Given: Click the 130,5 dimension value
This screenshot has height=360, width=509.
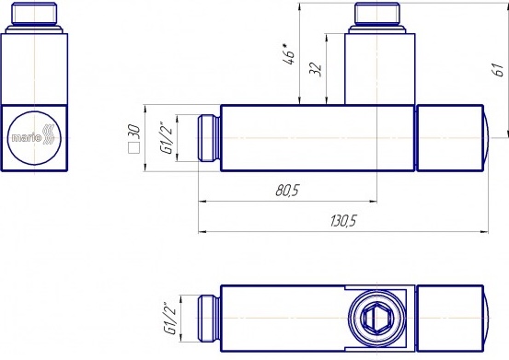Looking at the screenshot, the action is pyautogui.click(x=343, y=221).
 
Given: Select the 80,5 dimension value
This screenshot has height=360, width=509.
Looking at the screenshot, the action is pyautogui.click(x=287, y=191).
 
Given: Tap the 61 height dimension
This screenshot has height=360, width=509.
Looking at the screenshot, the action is pyautogui.click(x=498, y=70).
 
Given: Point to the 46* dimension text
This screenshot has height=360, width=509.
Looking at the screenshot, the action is pyautogui.click(x=289, y=53).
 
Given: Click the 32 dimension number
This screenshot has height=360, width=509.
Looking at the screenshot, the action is pyautogui.click(x=315, y=69).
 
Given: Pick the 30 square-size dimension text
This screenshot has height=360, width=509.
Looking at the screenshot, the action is pyautogui.click(x=134, y=131).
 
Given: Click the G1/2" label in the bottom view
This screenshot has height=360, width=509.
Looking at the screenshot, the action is pyautogui.click(x=169, y=319).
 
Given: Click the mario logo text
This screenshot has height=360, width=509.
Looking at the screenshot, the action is pyautogui.click(x=27, y=138).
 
